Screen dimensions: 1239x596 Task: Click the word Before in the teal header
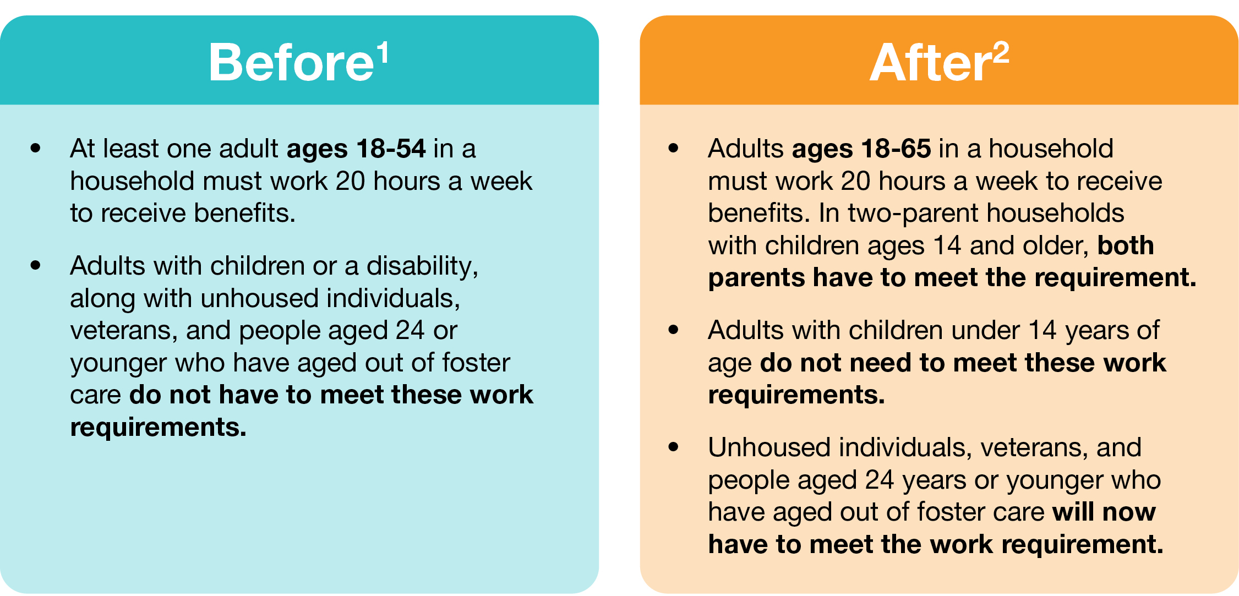click(292, 62)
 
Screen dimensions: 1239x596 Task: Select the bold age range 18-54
click(391, 149)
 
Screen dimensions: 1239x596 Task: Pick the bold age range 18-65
click(897, 149)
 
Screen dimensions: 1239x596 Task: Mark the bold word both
click(1126, 245)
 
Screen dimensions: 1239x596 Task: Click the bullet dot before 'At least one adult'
click(36, 148)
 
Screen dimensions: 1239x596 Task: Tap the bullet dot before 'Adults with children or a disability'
click(36, 265)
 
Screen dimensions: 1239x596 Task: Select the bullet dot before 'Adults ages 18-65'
click(673, 148)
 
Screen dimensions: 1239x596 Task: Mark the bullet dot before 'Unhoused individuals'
click(673, 447)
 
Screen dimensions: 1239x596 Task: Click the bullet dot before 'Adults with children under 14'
click(673, 330)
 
